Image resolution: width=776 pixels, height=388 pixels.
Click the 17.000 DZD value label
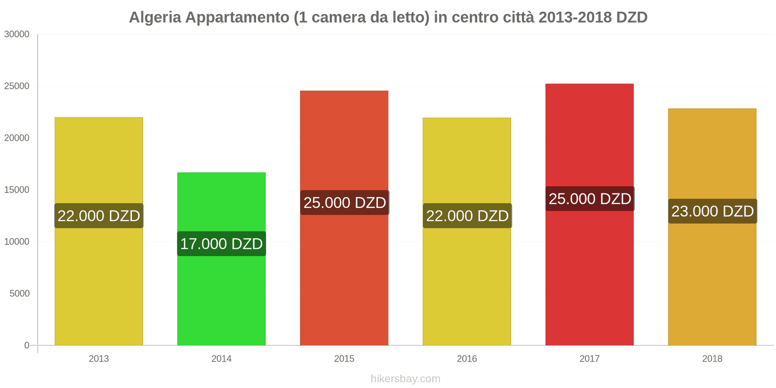point(221,243)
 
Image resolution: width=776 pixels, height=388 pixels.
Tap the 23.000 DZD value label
point(712,211)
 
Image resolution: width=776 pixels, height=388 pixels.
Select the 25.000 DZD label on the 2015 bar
point(344,202)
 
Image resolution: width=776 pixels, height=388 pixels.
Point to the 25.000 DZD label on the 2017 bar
point(589,198)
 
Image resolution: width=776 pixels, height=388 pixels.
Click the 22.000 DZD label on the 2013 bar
point(98,215)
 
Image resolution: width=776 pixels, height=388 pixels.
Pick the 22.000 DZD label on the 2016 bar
point(467,215)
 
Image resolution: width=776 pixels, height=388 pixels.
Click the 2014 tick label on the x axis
point(221,358)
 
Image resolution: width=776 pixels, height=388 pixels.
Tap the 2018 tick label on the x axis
point(712,358)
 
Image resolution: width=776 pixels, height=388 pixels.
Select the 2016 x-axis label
point(467,358)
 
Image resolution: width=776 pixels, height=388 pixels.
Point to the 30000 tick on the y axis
point(17,34)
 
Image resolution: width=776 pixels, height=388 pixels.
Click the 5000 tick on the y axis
point(19,293)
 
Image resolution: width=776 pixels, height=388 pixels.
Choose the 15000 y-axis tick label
point(17,190)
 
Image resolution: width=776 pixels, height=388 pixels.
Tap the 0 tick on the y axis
point(27,345)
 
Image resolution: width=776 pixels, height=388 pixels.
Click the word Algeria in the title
point(155,17)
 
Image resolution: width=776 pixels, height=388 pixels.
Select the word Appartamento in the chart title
point(237,17)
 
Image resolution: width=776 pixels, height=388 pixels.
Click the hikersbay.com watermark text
point(405,378)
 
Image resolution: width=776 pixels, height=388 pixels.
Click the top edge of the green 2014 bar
point(221,173)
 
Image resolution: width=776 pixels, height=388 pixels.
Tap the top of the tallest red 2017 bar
point(589,84)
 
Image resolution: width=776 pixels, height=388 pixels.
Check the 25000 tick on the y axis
point(17,86)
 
